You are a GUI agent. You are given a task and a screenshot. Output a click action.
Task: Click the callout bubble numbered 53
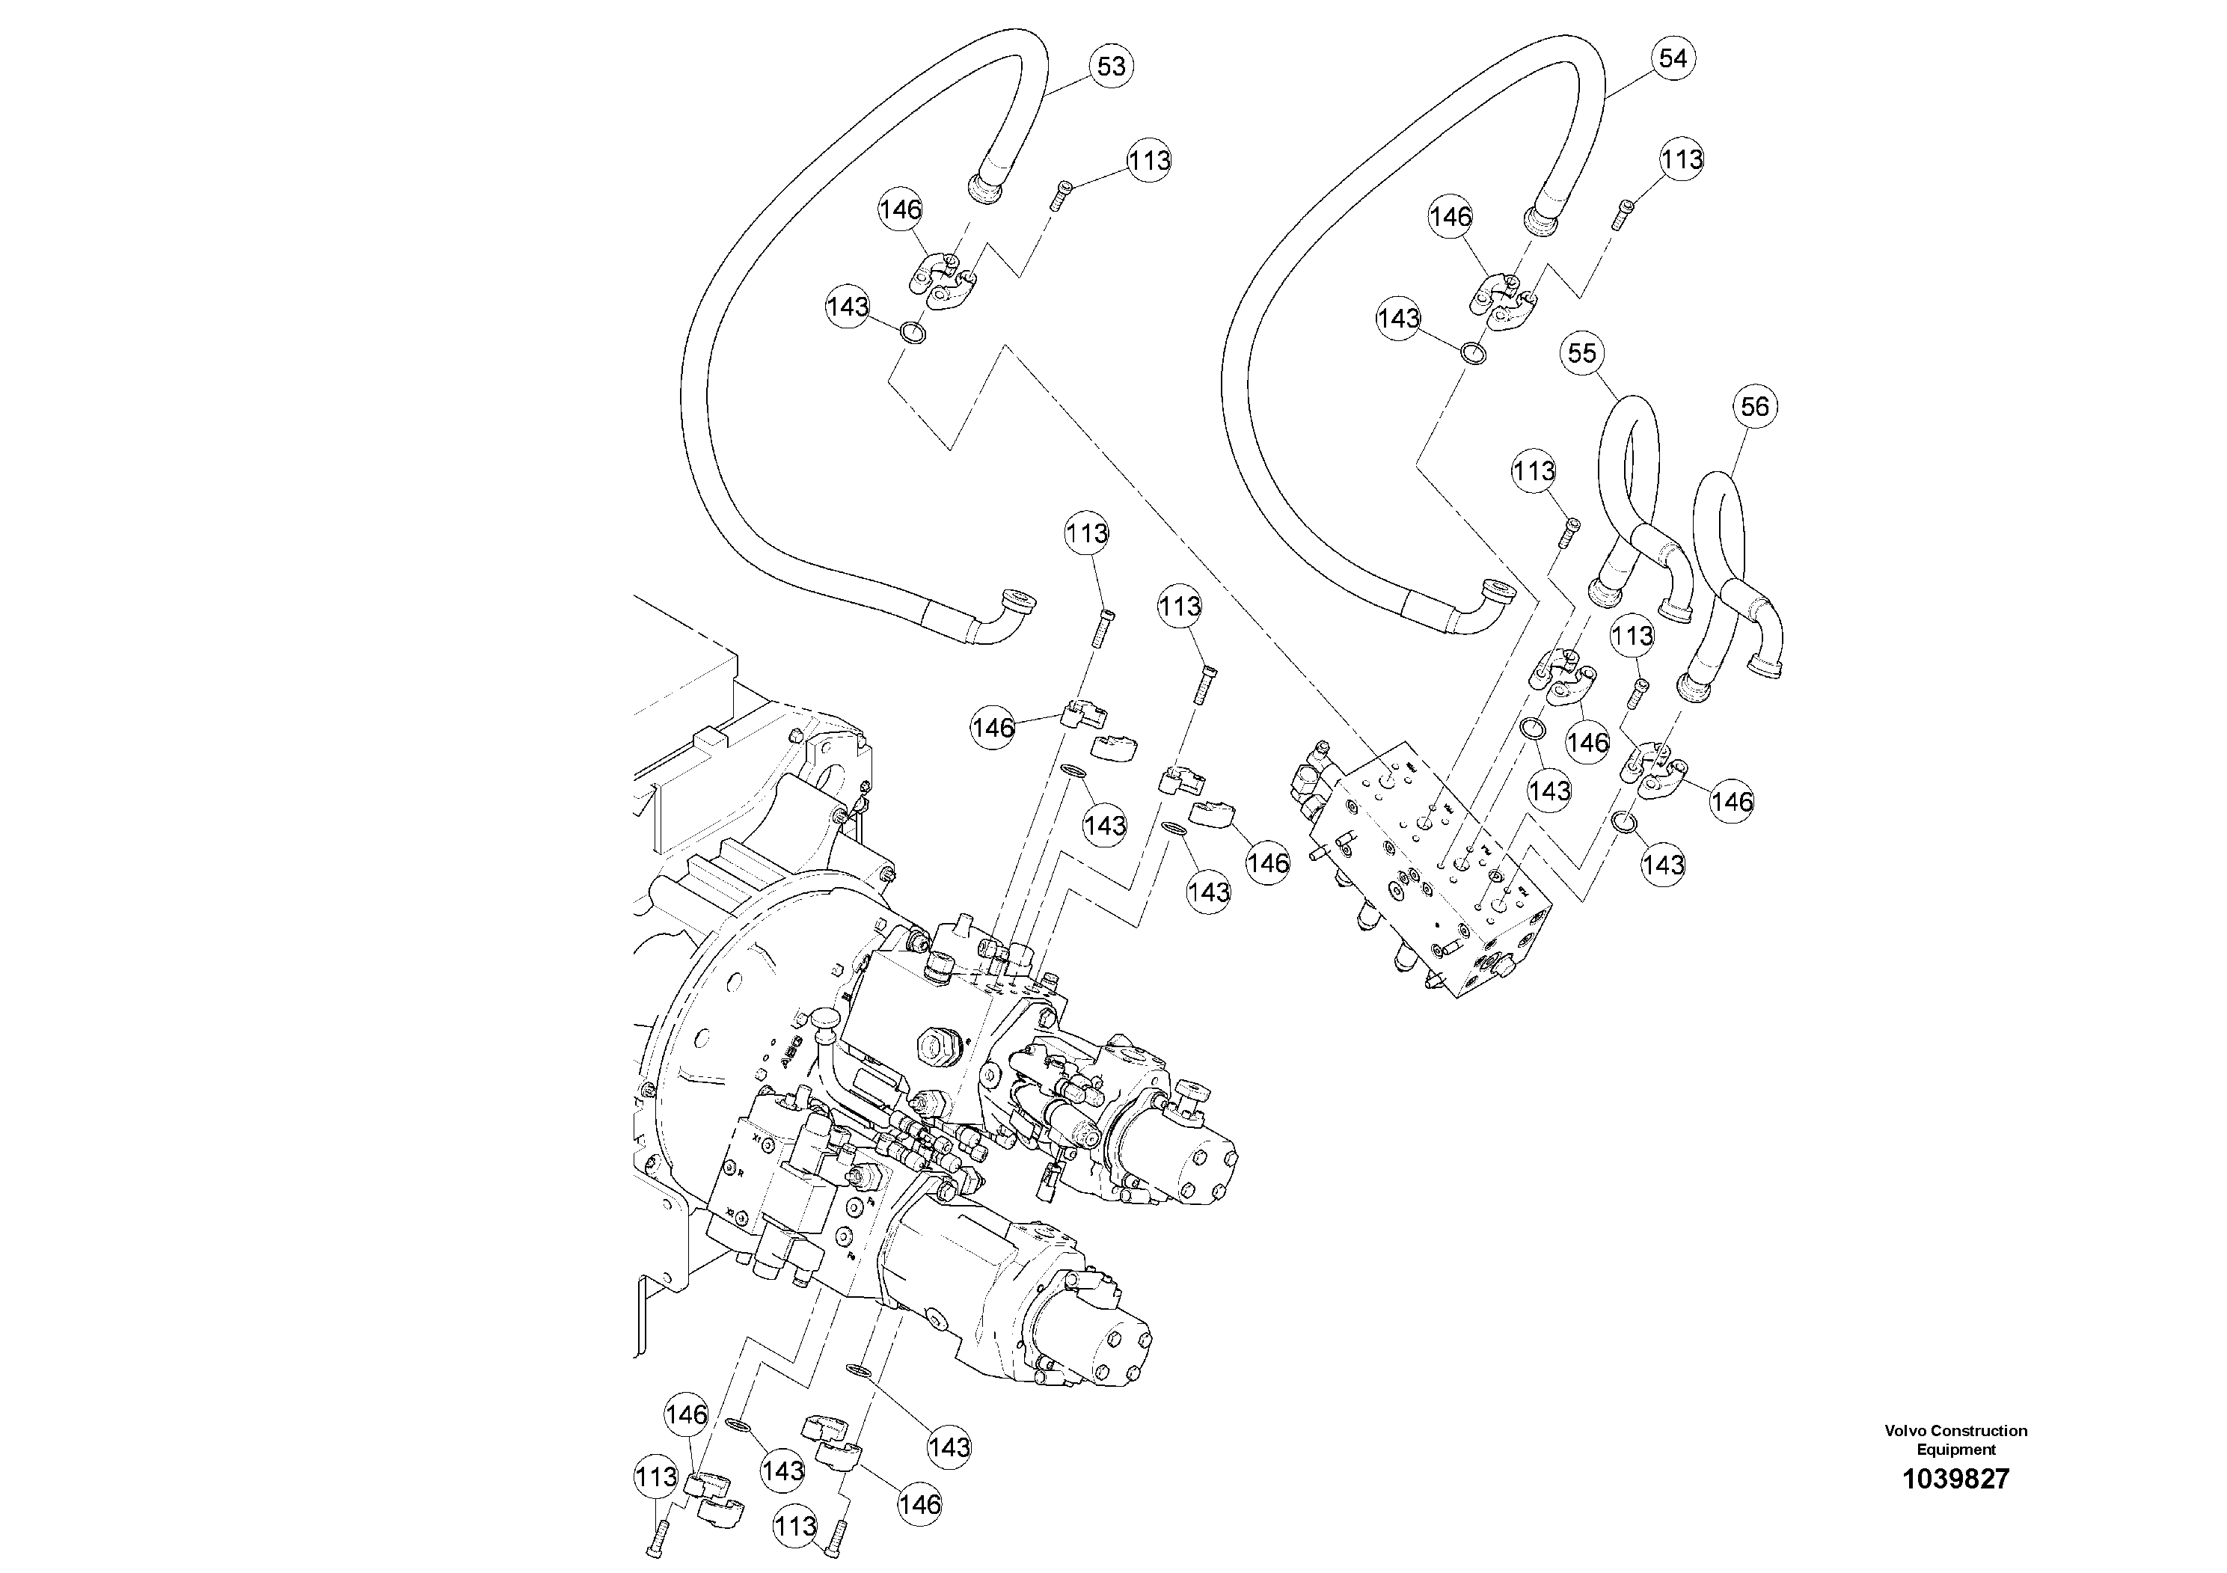(x=1111, y=66)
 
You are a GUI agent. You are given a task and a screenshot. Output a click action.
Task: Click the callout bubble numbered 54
(x=1672, y=58)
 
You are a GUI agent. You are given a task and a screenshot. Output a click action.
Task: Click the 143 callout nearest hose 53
(x=848, y=307)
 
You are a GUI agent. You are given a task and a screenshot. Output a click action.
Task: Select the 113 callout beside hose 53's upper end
(x=1149, y=160)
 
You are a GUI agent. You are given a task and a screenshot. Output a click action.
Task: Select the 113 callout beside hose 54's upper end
(x=1681, y=159)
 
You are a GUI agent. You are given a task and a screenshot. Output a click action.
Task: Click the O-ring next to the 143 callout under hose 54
(x=1472, y=353)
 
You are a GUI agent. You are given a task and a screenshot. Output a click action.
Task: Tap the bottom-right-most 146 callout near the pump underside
(x=919, y=1504)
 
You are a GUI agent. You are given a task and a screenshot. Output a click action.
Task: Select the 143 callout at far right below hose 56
(x=1664, y=864)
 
